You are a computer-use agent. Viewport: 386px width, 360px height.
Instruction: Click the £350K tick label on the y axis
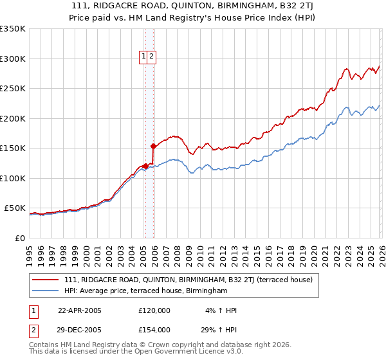pos(13,29)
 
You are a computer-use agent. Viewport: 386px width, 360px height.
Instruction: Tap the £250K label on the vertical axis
pos(13,89)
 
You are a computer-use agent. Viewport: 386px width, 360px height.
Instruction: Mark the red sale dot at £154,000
pos(154,146)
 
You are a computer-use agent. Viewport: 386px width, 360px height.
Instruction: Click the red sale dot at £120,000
pos(145,166)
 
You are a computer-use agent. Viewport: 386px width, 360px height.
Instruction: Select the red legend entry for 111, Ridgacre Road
pos(188,280)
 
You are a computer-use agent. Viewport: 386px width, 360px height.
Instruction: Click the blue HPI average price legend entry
pos(146,291)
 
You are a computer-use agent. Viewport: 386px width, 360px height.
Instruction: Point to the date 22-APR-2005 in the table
pos(80,310)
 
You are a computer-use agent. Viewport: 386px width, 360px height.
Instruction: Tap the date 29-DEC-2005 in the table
pos(80,330)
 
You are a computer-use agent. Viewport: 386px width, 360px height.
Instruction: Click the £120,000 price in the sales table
pos(154,310)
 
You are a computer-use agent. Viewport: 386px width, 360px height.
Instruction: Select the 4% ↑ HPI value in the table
pos(221,310)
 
